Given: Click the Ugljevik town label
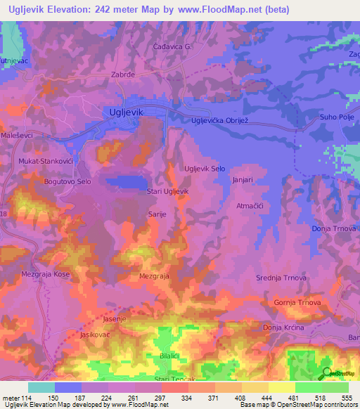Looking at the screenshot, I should coord(127,111).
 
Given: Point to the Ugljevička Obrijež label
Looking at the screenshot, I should coord(221,121).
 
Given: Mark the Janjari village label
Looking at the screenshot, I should coord(243,180).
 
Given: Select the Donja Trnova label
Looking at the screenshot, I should coord(335,228).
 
